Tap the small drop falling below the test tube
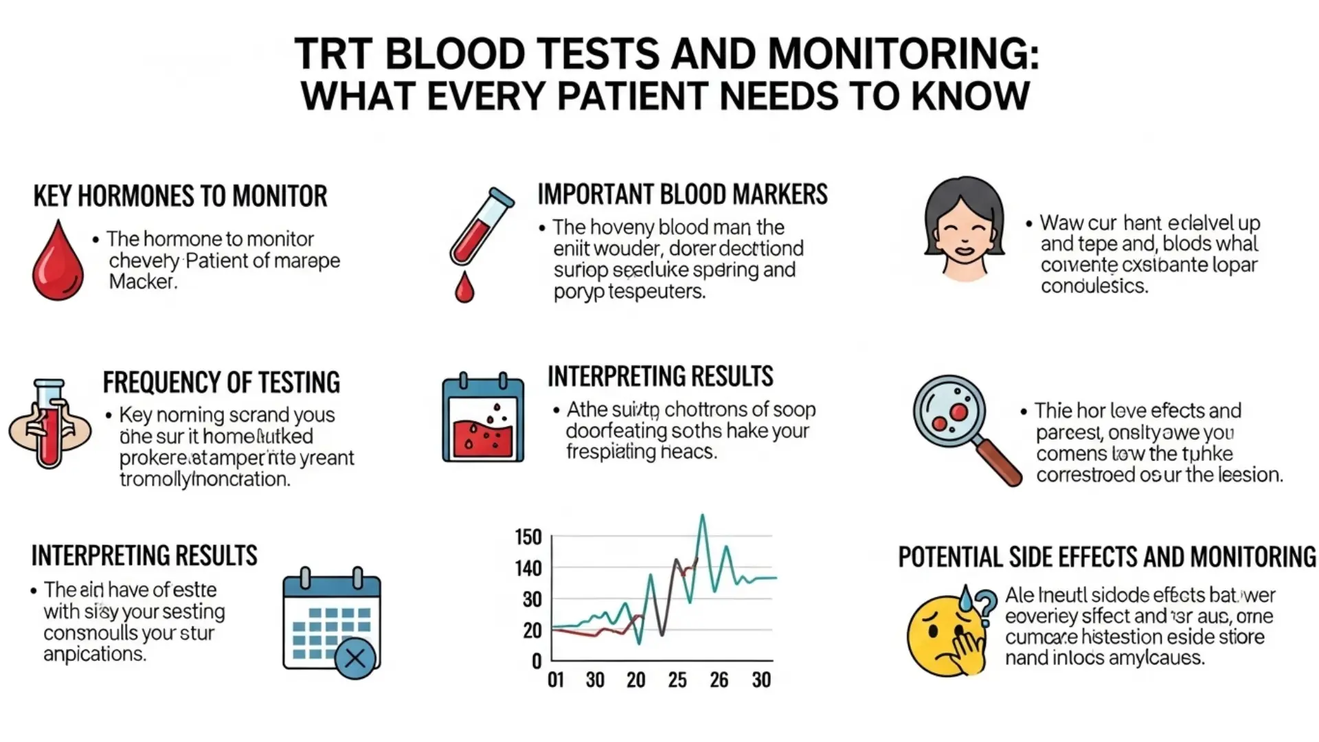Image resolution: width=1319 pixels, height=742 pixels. [x=464, y=289]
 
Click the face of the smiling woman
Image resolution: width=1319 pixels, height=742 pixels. [x=964, y=237]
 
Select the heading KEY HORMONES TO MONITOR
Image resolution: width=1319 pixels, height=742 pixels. [x=180, y=196]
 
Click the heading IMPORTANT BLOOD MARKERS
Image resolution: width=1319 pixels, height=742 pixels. [x=682, y=194]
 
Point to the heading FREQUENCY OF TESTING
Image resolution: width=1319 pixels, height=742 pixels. [x=221, y=382]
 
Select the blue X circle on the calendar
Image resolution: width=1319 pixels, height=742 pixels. [x=355, y=659]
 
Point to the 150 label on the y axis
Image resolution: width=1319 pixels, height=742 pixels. [x=528, y=537]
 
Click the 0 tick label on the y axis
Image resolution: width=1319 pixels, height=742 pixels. [x=537, y=661]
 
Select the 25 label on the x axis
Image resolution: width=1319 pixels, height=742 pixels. [x=677, y=680]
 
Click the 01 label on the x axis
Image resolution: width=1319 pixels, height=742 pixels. [x=556, y=680]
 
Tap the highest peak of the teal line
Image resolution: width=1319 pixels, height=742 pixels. [x=702, y=517]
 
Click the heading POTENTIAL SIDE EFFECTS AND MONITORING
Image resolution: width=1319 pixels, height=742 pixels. [x=1107, y=557]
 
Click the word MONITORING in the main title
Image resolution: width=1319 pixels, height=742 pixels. [x=903, y=54]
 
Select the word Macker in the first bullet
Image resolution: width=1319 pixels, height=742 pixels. [x=142, y=282]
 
